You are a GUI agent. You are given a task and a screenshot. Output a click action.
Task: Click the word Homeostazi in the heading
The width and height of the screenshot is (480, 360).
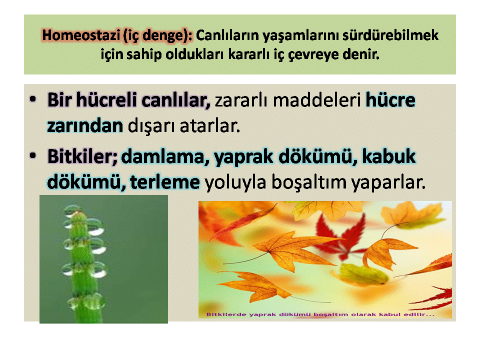pyautogui.click(x=81, y=35)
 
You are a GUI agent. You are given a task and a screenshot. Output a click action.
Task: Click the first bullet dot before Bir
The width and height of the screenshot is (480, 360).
pyautogui.click(x=33, y=99)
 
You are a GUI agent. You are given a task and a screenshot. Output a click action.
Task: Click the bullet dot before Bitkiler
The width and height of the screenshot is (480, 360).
pyautogui.click(x=33, y=155)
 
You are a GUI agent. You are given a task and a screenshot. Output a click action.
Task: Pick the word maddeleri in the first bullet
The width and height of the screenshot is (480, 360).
pyautogui.click(x=317, y=100)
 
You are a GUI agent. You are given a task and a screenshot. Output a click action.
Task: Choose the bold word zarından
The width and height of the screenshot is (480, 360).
pyautogui.click(x=85, y=126)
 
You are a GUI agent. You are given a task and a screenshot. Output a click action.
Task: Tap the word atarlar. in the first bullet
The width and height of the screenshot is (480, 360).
pyautogui.click(x=209, y=126)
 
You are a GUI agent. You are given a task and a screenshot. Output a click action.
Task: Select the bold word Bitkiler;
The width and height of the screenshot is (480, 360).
pyautogui.click(x=82, y=156)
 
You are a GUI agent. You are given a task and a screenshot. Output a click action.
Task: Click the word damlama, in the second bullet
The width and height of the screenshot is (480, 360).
pyautogui.click(x=165, y=157)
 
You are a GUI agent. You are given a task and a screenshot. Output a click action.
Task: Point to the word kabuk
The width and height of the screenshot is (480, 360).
pyautogui.click(x=389, y=156)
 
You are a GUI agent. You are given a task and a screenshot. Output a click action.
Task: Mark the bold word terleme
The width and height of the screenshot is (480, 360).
pyautogui.click(x=165, y=182)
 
